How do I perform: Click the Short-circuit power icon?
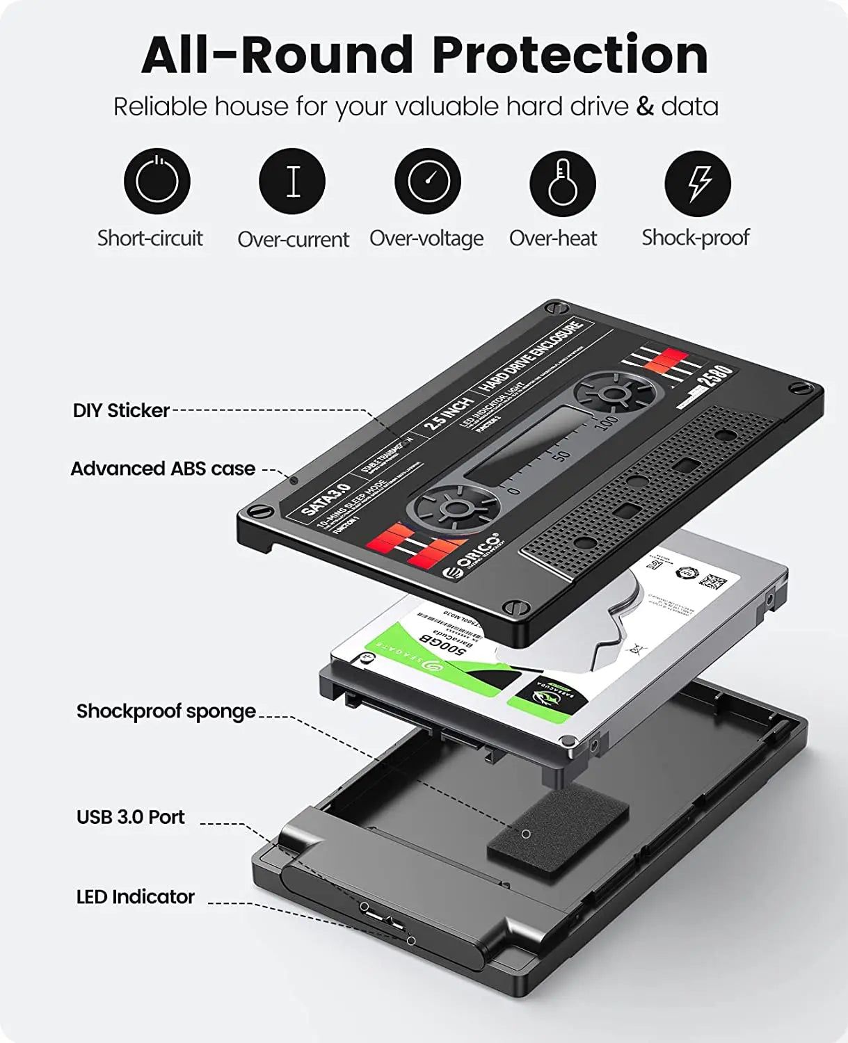click(x=157, y=181)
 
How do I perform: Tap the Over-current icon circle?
click(x=292, y=181)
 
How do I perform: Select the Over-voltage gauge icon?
click(x=427, y=181)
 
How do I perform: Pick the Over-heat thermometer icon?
click(x=562, y=181)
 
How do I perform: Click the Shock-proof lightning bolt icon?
click(x=698, y=181)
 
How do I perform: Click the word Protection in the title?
click(x=570, y=55)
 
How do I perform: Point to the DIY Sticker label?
click(x=121, y=410)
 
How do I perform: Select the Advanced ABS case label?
click(x=163, y=469)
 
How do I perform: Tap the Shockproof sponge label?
click(x=166, y=711)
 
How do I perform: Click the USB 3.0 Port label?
click(x=130, y=816)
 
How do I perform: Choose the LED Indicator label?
click(x=135, y=897)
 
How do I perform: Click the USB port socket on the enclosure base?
click(x=380, y=915)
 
